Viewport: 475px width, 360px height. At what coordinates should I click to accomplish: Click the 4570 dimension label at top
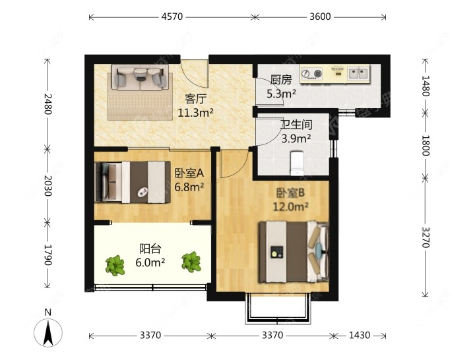[172, 16]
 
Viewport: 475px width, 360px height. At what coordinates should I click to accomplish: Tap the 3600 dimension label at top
[320, 16]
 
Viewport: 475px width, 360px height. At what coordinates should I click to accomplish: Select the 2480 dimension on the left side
[48, 104]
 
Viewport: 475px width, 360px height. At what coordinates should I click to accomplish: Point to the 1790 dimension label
[48, 255]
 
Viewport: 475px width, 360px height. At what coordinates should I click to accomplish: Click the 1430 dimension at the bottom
[360, 335]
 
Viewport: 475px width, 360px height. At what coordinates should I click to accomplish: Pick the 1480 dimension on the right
[426, 86]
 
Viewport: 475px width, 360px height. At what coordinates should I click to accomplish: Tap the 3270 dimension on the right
[426, 237]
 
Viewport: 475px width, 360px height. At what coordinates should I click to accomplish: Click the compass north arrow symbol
[48, 332]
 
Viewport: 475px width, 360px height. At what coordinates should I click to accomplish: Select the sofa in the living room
[139, 78]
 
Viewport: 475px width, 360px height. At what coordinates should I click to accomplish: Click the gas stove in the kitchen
[312, 74]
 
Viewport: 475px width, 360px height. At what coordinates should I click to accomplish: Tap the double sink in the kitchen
[358, 73]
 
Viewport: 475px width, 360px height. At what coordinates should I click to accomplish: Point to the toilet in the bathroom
[297, 163]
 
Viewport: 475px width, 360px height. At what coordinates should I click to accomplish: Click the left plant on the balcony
[115, 266]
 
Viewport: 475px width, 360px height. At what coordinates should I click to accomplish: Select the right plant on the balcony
[191, 262]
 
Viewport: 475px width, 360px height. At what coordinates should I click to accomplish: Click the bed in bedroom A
[133, 182]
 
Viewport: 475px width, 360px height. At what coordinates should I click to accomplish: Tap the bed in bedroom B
[293, 252]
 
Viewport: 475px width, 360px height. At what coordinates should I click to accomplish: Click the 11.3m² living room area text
[195, 113]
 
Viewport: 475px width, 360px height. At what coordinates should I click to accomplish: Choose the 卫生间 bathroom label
[296, 125]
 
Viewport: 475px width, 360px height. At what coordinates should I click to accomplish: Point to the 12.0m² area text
[290, 207]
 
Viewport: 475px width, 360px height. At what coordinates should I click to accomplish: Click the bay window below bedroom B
[278, 308]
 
